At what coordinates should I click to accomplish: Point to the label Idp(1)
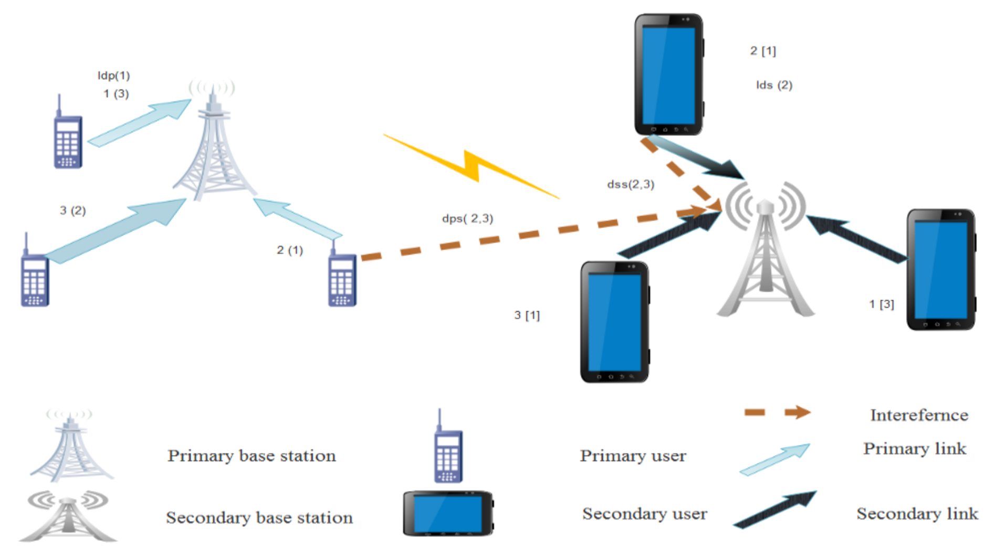pyautogui.click(x=113, y=76)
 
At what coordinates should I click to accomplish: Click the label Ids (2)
pyautogui.click(x=773, y=85)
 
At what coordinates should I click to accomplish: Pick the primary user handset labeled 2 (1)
pyautogui.click(x=342, y=278)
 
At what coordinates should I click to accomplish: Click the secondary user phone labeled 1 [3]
pyautogui.click(x=940, y=270)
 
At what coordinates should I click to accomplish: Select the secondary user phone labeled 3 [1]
pyautogui.click(x=614, y=322)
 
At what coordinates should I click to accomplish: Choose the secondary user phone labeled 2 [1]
pyautogui.click(x=668, y=75)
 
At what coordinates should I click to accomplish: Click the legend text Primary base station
pyautogui.click(x=252, y=456)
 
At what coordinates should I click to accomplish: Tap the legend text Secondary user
pyautogui.click(x=644, y=513)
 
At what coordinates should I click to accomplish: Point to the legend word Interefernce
pyautogui.click(x=919, y=415)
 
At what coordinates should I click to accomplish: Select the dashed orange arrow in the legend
pyautogui.click(x=777, y=413)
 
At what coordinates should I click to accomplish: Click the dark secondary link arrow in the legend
pyautogui.click(x=775, y=509)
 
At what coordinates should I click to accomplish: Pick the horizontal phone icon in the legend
pyautogui.click(x=448, y=513)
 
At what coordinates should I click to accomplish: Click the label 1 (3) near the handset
pyautogui.click(x=116, y=94)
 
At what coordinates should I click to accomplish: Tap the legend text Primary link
pyautogui.click(x=914, y=449)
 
